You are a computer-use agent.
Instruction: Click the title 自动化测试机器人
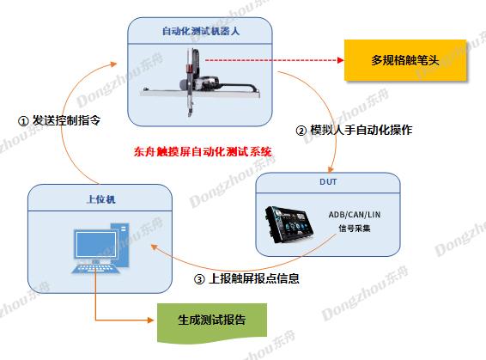[x=201, y=31]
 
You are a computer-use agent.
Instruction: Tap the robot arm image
[x=200, y=82]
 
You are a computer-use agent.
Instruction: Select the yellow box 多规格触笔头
[x=405, y=60]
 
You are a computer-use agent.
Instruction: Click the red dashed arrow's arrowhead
[x=340, y=60]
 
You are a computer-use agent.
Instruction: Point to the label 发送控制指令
[x=66, y=120]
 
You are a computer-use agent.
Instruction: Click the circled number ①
[x=23, y=121]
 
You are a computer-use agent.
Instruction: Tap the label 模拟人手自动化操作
[x=361, y=130]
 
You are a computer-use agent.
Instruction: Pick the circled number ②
[x=301, y=131]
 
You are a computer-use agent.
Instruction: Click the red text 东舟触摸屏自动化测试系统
[x=203, y=151]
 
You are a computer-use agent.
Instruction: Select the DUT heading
[x=328, y=181]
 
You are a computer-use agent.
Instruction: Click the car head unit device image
[x=289, y=224]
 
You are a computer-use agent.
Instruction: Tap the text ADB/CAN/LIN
[x=355, y=215]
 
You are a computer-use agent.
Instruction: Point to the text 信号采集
[x=355, y=229]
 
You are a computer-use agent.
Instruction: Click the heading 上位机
[x=101, y=199]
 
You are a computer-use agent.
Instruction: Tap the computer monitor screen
[x=96, y=244]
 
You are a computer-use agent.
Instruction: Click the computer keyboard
[x=96, y=269]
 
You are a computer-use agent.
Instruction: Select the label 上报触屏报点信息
[x=254, y=278]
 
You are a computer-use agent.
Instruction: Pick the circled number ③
[x=199, y=279]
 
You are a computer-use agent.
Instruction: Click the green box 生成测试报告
[x=212, y=322]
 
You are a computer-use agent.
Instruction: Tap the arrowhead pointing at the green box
[x=150, y=320]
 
